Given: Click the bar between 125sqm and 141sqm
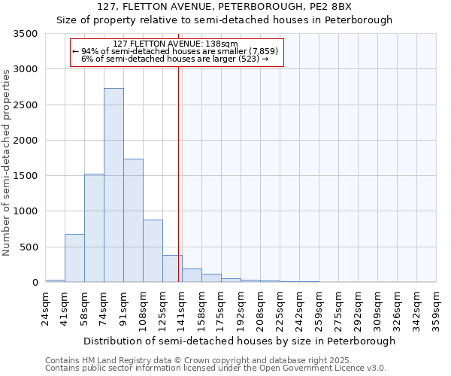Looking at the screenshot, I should tap(172, 268).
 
